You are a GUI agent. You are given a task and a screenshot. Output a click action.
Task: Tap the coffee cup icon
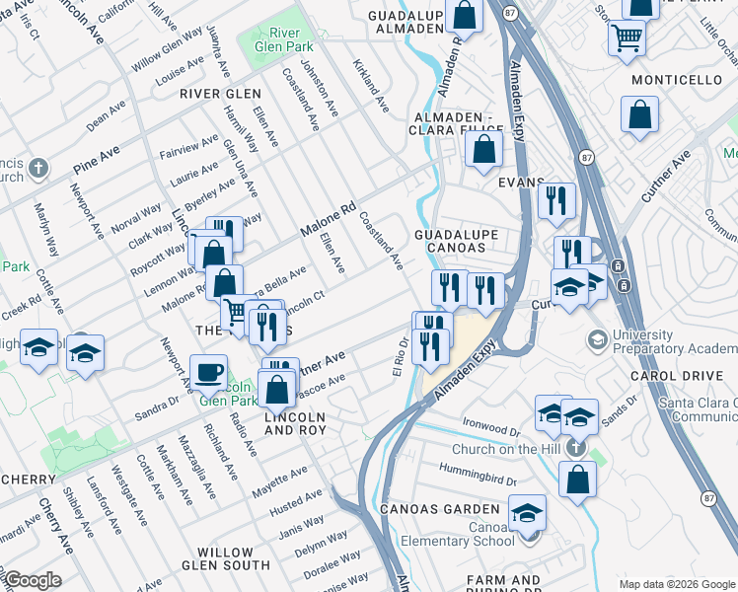click(x=208, y=372)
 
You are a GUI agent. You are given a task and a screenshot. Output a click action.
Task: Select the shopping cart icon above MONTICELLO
click(x=627, y=39)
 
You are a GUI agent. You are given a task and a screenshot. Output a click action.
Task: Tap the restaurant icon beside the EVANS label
click(x=556, y=200)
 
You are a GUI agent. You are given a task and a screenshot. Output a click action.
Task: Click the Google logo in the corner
click(x=33, y=580)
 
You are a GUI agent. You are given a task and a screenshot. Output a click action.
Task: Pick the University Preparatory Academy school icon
click(x=598, y=340)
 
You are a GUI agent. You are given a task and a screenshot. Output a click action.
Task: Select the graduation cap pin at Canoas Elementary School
click(x=529, y=512)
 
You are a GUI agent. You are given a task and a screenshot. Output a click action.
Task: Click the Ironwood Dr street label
click(x=490, y=426)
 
